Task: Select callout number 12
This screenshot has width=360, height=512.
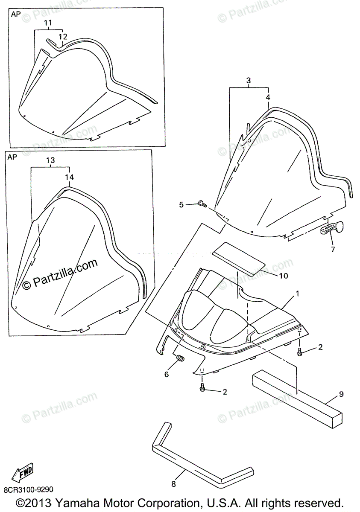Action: pos(63,36)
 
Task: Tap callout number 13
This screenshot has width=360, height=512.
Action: pos(50,160)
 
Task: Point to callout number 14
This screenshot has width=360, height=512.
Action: pos(69,177)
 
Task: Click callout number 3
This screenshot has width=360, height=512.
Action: pos(249,80)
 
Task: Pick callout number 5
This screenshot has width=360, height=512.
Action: pos(181,205)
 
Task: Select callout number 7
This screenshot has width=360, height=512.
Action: pos(332,249)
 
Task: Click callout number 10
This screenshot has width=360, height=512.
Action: pos(284,276)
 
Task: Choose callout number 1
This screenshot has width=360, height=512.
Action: pos(298,294)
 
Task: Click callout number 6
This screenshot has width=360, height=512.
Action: pos(167,374)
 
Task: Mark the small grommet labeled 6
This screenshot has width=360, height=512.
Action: pos(180,358)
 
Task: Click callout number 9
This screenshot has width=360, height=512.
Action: pos(341,394)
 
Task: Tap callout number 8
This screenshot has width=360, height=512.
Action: pos(173,484)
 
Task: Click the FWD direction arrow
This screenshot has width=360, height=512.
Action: pos(22,473)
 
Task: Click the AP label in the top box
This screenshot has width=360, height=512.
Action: pos(16,14)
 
